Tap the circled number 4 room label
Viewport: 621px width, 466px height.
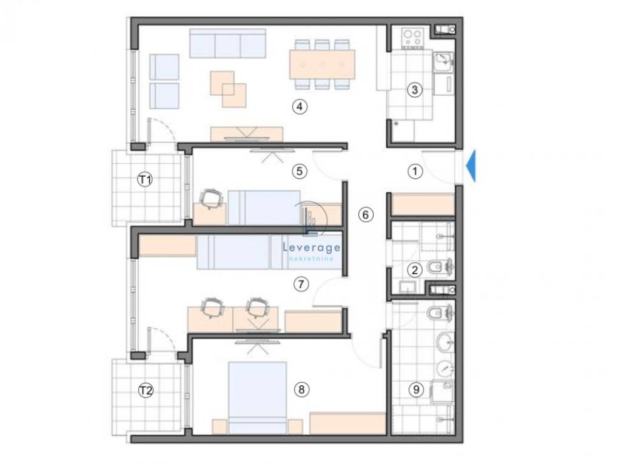click(300, 106)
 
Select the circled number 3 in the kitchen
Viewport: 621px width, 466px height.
click(415, 90)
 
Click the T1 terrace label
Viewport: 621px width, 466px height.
click(145, 180)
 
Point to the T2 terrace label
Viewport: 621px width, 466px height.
click(146, 391)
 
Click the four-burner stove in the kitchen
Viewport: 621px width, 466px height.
click(412, 38)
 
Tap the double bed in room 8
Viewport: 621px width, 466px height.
click(257, 397)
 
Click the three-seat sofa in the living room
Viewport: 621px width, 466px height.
click(227, 43)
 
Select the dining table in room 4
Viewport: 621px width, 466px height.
click(323, 64)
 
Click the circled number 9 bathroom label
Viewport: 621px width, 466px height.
click(416, 390)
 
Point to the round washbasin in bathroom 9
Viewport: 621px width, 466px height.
click(446, 342)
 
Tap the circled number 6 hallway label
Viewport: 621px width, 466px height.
click(365, 214)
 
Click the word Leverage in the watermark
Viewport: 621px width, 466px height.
click(311, 248)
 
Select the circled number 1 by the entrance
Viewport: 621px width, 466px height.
click(415, 171)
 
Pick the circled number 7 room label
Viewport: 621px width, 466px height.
click(301, 284)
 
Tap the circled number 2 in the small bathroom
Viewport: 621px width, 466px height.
click(415, 270)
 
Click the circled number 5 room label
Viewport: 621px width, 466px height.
click(300, 171)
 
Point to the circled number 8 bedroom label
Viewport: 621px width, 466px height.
click(301, 390)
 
